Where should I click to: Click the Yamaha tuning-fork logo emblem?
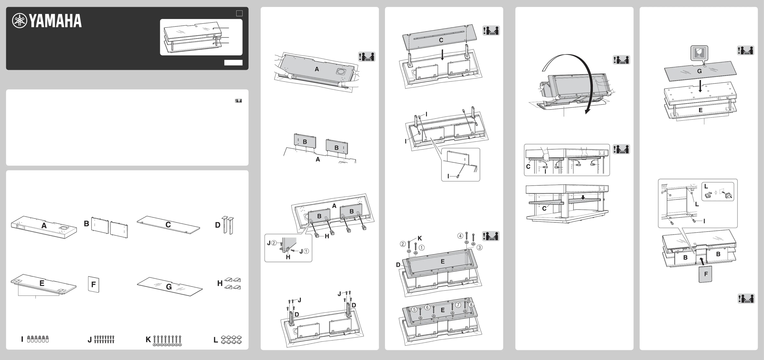(x=19, y=21)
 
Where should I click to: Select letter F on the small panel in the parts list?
(x=93, y=285)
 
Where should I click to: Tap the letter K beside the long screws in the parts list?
(x=148, y=339)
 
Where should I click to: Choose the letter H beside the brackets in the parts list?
(x=220, y=284)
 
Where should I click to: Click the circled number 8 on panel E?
(x=471, y=305)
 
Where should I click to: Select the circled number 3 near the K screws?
(x=479, y=247)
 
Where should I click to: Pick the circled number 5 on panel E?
(x=414, y=309)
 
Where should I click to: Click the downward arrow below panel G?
(x=700, y=86)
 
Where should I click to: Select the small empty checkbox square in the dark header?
(x=239, y=13)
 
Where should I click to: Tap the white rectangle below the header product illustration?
(x=233, y=63)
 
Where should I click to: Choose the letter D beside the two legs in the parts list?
(x=218, y=225)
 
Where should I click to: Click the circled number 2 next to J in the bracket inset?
(x=274, y=243)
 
